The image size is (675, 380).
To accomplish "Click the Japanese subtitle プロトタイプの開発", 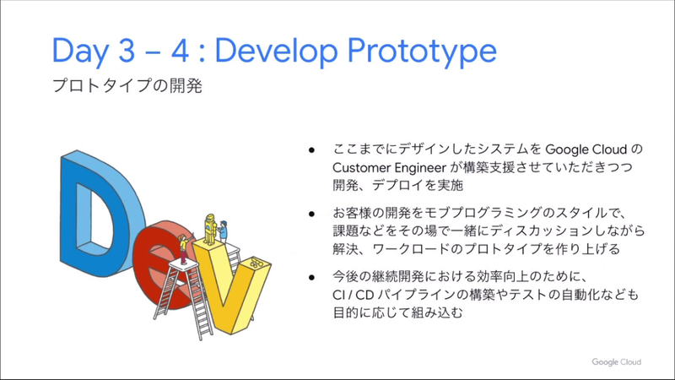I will click(127, 87).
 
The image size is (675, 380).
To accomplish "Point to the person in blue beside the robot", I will click(226, 230).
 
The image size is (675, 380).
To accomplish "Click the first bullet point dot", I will click(311, 149).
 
